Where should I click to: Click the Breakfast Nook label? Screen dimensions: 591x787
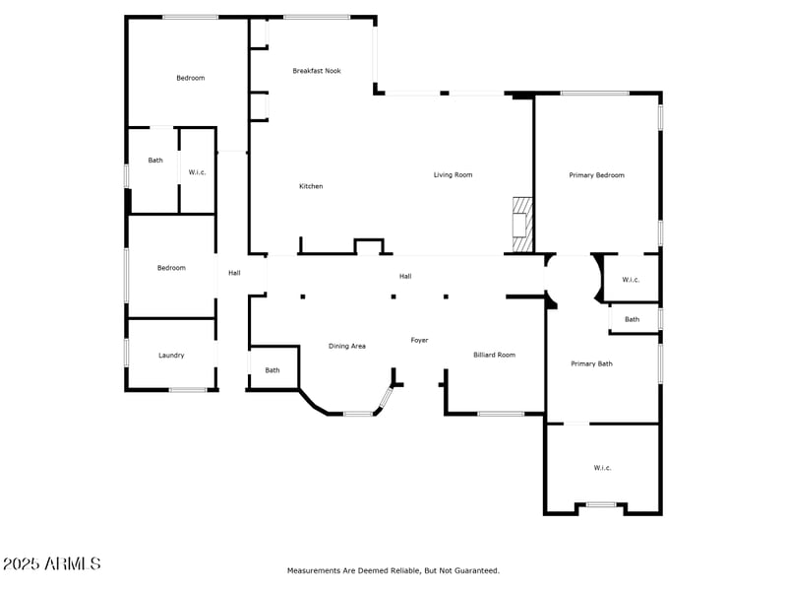[317, 71]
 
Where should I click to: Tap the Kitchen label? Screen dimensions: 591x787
[311, 186]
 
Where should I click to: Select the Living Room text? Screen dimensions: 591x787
[454, 175]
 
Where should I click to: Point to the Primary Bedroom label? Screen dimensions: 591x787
[596, 175]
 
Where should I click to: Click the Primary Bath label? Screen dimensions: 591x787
[591, 363]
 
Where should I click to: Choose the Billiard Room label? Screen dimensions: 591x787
[494, 355]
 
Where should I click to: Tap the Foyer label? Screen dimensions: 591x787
[419, 340]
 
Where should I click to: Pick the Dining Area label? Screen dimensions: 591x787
[347, 346]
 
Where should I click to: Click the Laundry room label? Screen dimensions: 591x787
[171, 356]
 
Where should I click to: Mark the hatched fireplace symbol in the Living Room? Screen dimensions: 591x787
[521, 225]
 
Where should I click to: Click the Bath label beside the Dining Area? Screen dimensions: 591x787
[272, 370]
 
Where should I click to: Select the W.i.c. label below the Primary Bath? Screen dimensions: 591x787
[602, 468]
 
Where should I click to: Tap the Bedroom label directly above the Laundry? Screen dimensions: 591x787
[171, 268]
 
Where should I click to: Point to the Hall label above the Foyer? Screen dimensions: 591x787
[405, 277]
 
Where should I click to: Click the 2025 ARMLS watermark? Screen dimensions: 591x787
[51, 563]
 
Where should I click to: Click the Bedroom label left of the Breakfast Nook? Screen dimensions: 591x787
[190, 78]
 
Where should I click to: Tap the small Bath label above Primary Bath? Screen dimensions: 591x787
[632, 319]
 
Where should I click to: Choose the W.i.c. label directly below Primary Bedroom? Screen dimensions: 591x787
[631, 280]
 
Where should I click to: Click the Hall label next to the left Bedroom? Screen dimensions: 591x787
[234, 273]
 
